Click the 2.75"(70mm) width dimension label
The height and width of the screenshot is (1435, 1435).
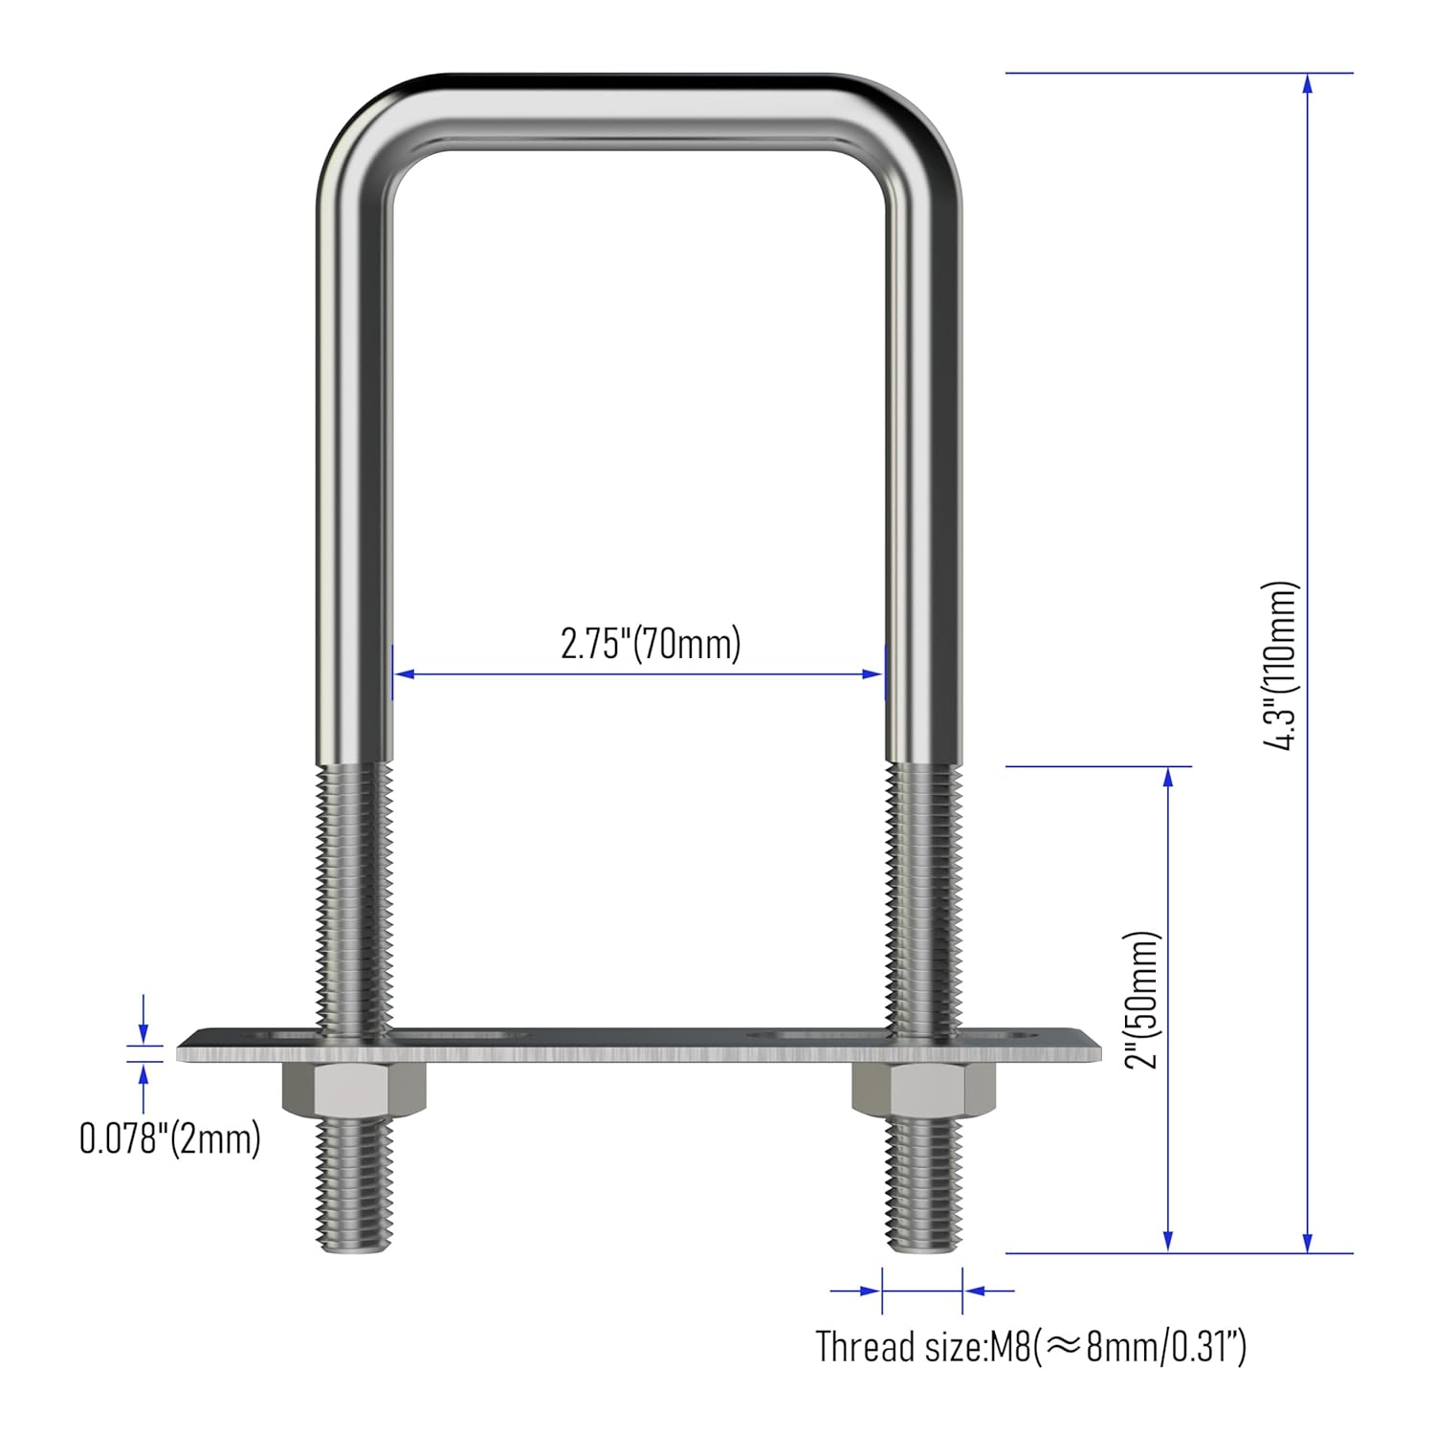[x=651, y=644]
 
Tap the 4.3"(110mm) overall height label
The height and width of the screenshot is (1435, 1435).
[x=1279, y=665]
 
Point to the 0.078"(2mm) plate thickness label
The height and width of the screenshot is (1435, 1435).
[x=169, y=1139]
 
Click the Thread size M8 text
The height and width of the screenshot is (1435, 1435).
[x=1030, y=1347]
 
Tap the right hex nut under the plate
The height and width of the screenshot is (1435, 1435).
[x=923, y=1092]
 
